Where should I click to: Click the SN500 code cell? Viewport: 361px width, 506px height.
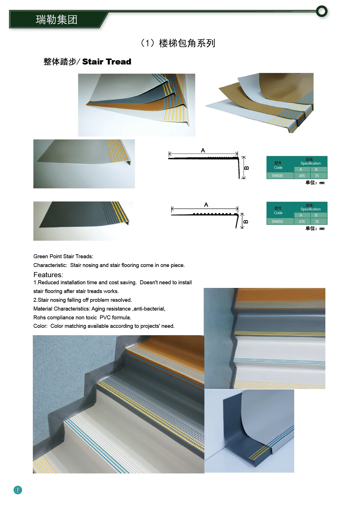coord(277,176)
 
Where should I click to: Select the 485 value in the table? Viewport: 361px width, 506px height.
coord(302,176)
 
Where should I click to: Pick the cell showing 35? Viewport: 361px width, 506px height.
coord(317,176)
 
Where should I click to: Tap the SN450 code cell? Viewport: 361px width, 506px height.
coord(277,221)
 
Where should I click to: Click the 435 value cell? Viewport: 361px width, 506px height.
coord(302,221)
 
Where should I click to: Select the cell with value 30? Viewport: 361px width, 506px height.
coord(317,221)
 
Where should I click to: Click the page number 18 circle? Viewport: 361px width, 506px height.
coord(18,490)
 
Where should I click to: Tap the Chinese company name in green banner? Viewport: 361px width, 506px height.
coord(57,20)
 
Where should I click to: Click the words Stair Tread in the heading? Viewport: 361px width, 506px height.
coord(107,62)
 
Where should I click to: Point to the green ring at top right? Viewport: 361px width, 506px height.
coord(322,11)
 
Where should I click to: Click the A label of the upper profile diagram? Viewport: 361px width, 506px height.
coord(203,150)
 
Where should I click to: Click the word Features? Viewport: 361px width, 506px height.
coord(48,275)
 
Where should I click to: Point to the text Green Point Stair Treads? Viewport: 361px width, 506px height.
coord(63,257)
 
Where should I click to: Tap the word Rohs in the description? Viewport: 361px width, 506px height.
coord(39,317)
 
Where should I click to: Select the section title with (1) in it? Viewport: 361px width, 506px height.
coord(178,43)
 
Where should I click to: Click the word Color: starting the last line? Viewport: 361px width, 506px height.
coord(40,326)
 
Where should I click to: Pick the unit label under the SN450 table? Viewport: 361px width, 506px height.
coord(315,229)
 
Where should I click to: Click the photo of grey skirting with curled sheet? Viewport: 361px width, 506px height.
coord(249,431)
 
